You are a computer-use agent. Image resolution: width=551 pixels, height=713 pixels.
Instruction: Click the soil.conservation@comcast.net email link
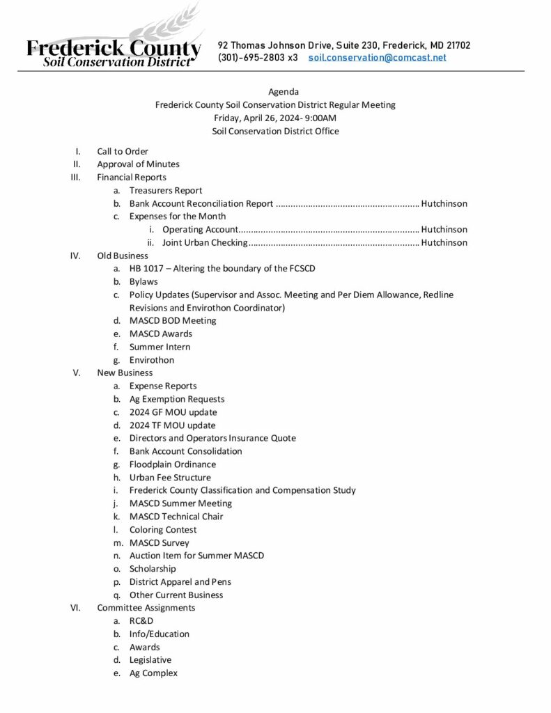coord(377,58)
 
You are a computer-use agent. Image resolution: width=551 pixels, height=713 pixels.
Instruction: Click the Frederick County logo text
coord(114,49)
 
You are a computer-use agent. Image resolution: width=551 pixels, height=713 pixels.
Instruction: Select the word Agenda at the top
coord(284,91)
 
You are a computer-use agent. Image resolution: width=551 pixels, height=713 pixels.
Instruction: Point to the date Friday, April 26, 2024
coord(256,118)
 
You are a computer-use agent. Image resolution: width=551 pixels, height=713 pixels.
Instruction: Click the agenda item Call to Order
coord(123,151)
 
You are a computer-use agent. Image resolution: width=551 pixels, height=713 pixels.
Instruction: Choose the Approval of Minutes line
coord(138,164)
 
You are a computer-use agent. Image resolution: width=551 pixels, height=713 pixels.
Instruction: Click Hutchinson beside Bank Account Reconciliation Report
coord(444,204)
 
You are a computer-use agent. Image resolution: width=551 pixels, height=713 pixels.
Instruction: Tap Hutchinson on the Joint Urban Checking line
coord(444,243)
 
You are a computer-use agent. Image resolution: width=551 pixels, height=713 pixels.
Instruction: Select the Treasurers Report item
coord(166,191)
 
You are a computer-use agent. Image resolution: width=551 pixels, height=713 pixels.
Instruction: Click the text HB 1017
coord(146,269)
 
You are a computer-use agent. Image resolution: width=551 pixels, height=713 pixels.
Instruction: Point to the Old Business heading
coord(123,256)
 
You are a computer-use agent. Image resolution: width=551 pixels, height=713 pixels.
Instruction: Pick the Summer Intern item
coord(160,347)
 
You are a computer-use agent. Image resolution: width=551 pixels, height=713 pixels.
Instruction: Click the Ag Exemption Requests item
coord(177,399)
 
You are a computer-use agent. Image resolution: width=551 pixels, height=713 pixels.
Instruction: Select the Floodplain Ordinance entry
coord(173,464)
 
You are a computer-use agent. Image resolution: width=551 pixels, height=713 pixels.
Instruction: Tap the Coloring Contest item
coord(162,530)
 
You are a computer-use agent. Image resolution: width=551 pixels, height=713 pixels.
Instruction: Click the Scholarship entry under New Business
coord(153,569)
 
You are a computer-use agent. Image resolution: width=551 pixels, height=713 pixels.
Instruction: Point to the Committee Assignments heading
coord(146,608)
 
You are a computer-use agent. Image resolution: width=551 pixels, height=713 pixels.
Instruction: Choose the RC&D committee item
coord(141,621)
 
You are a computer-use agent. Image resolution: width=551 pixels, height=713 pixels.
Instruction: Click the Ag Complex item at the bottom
coord(153,673)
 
